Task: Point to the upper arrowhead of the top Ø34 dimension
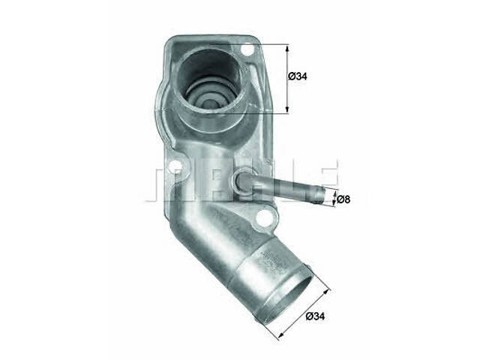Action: (x=287, y=46)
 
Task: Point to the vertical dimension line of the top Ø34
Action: (x=287, y=78)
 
